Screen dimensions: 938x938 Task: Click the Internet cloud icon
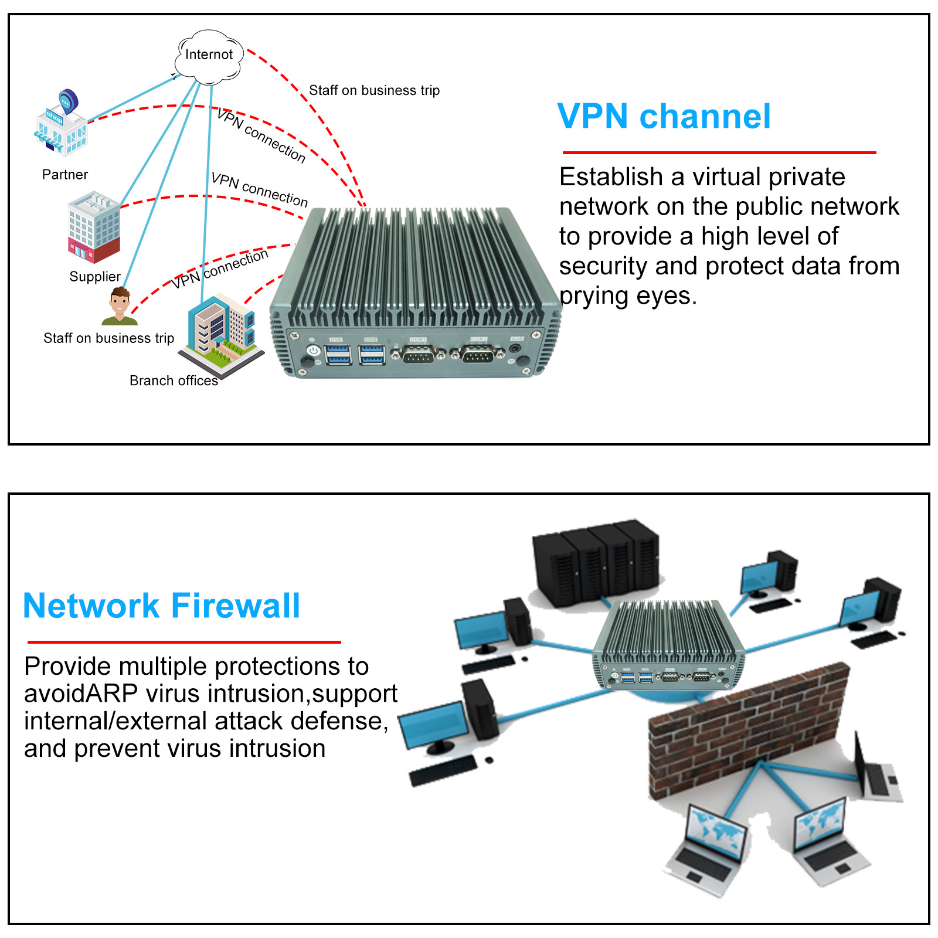209,56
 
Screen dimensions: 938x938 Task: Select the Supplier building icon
94,227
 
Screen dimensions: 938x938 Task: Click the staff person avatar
120,306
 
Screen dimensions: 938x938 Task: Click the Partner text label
65,175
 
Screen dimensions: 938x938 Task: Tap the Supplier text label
95,277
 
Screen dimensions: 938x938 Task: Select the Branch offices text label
174,381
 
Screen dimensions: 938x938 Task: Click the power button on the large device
314,351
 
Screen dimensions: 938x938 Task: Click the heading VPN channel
664,116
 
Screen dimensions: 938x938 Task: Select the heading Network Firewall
161,606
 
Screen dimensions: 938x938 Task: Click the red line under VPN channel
719,152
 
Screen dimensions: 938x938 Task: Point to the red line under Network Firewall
183,642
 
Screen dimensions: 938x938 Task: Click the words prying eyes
628,296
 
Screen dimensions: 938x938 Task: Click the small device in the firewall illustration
668,648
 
